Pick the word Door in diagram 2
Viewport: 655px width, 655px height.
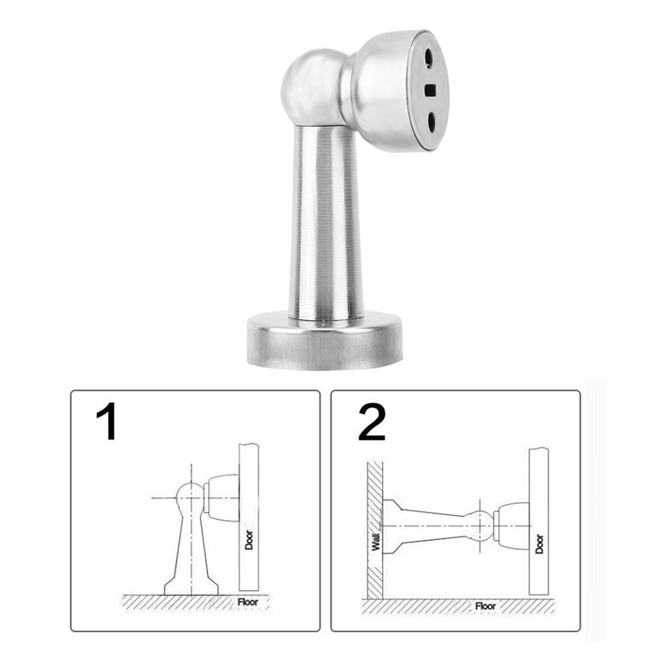539,544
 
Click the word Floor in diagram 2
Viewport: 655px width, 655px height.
486,606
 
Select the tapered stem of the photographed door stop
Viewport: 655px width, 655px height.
326,222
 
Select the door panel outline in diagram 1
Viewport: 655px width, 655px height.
249,497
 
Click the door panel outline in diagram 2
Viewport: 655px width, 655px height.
539,497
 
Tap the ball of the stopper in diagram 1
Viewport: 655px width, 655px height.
190,497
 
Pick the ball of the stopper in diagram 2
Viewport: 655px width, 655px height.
483,525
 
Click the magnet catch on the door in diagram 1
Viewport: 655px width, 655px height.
222,497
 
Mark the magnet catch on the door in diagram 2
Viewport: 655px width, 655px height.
512,525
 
